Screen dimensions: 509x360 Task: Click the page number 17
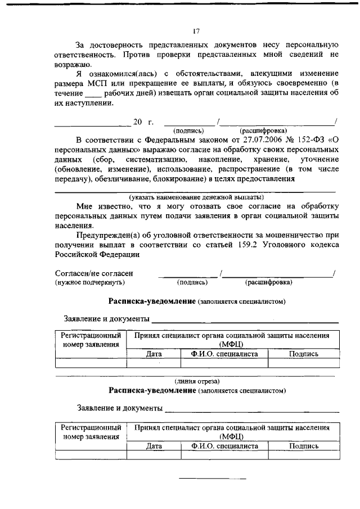(196, 31)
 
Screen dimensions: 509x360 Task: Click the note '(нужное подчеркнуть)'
(89, 282)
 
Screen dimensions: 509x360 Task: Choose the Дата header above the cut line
(154, 354)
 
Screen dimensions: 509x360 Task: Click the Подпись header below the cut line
(303, 445)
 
